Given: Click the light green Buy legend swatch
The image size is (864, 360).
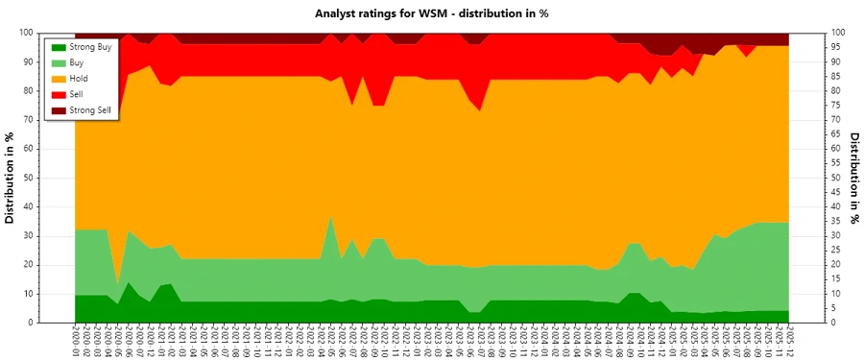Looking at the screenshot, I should (x=59, y=62).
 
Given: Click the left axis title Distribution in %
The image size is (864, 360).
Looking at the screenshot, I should (x=11, y=178).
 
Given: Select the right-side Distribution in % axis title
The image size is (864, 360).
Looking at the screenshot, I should (x=853, y=178).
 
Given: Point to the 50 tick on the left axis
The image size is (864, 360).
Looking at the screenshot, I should (x=57, y=178).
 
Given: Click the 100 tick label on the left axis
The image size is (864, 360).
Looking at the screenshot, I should (x=54, y=32).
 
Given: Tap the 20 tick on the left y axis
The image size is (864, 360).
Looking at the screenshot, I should (x=57, y=265).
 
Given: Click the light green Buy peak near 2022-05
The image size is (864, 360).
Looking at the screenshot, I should (x=331, y=230).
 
